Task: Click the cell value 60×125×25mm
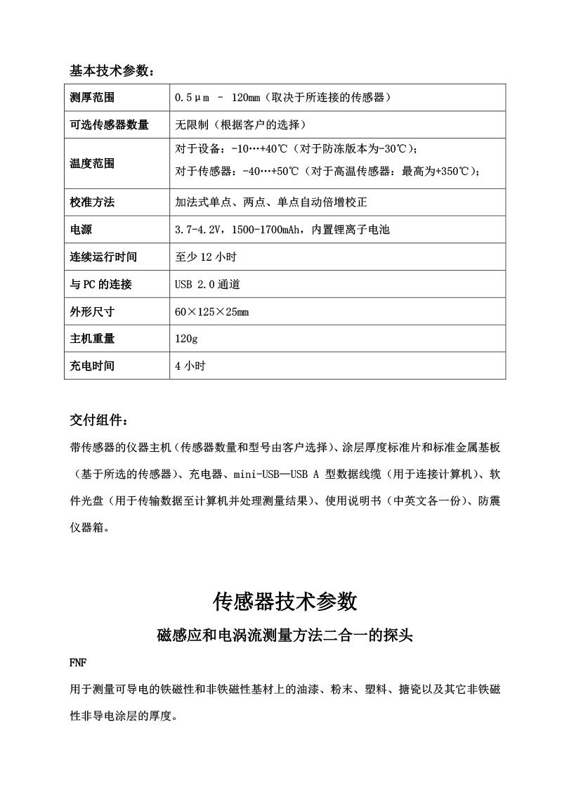coord(211,311)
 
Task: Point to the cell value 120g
coord(186,339)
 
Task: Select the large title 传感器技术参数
coord(285,602)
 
